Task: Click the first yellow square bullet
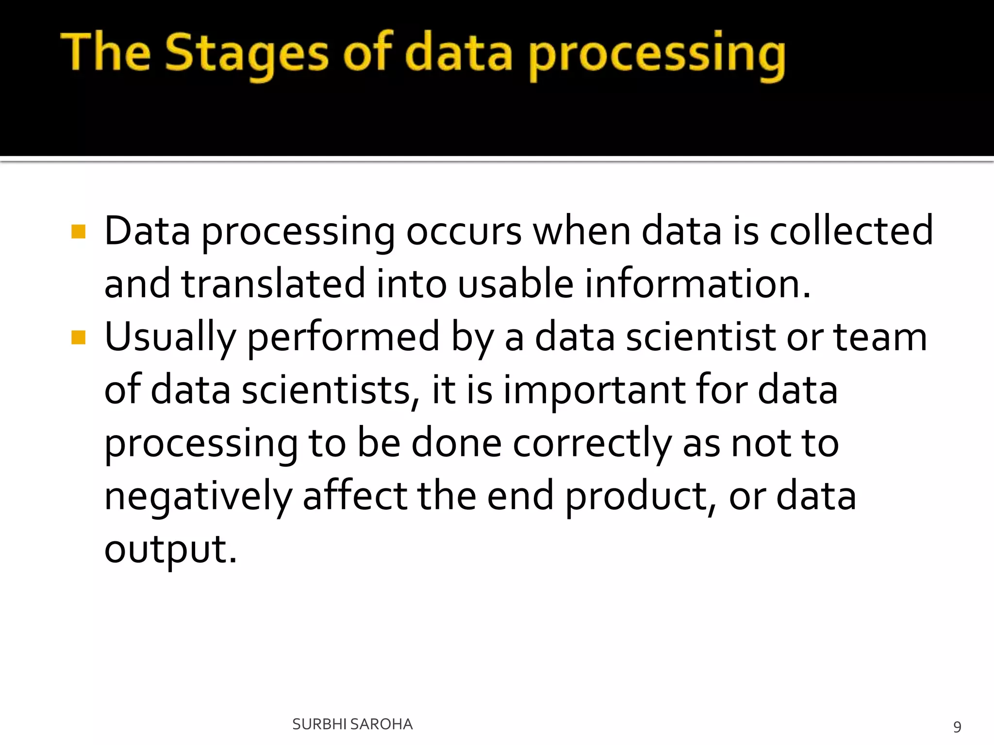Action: pos(78,232)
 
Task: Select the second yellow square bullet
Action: pos(78,337)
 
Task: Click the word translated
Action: pos(273,284)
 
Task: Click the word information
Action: pos(697,284)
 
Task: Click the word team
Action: pos(880,337)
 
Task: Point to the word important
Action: pos(594,391)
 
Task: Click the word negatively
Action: pos(198,497)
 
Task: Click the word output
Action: pos(170,551)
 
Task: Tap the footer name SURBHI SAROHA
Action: pos(352,724)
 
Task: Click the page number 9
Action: pos(957,727)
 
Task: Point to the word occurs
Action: pos(464,231)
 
